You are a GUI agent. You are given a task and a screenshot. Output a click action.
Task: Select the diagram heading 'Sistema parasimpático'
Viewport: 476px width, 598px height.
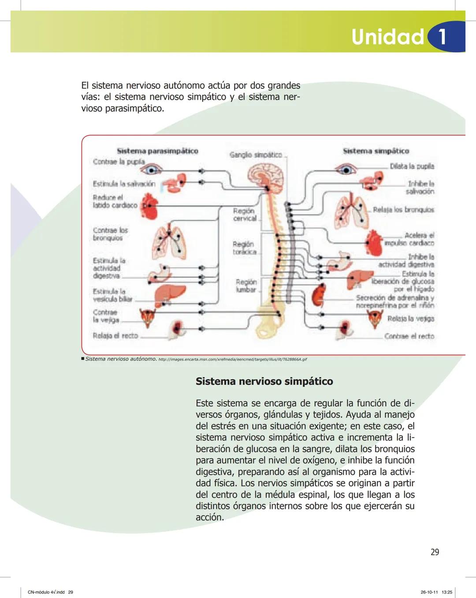(x=157, y=151)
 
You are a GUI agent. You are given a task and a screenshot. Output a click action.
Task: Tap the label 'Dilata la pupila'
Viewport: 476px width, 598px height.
(x=412, y=166)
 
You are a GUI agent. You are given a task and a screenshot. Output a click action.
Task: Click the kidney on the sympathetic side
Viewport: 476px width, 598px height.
(x=319, y=295)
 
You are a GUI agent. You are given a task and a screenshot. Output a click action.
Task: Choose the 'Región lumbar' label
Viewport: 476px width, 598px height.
(x=246, y=286)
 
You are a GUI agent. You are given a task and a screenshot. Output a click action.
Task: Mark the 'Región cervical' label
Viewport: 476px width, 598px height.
(x=245, y=214)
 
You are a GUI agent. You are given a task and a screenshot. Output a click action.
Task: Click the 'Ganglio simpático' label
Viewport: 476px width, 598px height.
(x=256, y=155)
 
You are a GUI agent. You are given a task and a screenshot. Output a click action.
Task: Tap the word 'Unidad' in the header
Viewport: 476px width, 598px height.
(x=387, y=37)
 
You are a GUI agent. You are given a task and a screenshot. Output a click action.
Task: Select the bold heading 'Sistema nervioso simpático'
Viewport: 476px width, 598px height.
(x=264, y=381)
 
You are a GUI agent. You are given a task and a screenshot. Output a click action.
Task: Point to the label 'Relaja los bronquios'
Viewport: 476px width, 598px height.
(x=403, y=210)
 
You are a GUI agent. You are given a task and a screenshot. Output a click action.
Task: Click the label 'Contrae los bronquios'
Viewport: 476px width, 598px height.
(x=110, y=234)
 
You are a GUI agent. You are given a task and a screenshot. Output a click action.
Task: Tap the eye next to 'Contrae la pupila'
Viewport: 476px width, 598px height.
(x=153, y=169)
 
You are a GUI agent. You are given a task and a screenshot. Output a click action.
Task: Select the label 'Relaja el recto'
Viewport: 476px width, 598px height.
(x=115, y=336)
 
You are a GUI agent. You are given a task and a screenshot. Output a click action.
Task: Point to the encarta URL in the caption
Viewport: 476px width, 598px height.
(x=232, y=359)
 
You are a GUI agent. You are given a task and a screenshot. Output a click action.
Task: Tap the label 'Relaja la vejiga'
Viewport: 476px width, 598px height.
(x=410, y=319)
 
